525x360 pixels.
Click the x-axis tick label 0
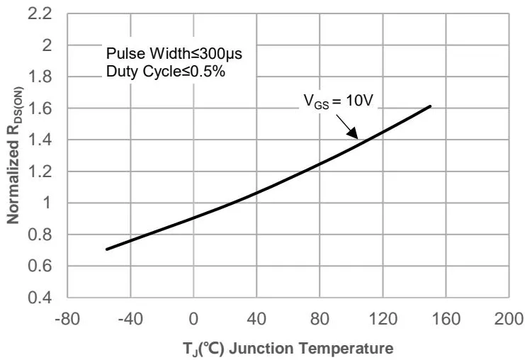pos(193,316)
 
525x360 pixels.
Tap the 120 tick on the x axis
pos(383,316)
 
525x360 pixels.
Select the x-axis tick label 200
pos(509,316)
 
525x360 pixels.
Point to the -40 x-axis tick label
pos(130,316)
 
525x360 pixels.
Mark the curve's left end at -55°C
pos(107,249)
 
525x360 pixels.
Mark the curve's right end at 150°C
pos(431,106)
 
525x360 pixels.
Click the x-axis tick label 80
pos(320,316)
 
